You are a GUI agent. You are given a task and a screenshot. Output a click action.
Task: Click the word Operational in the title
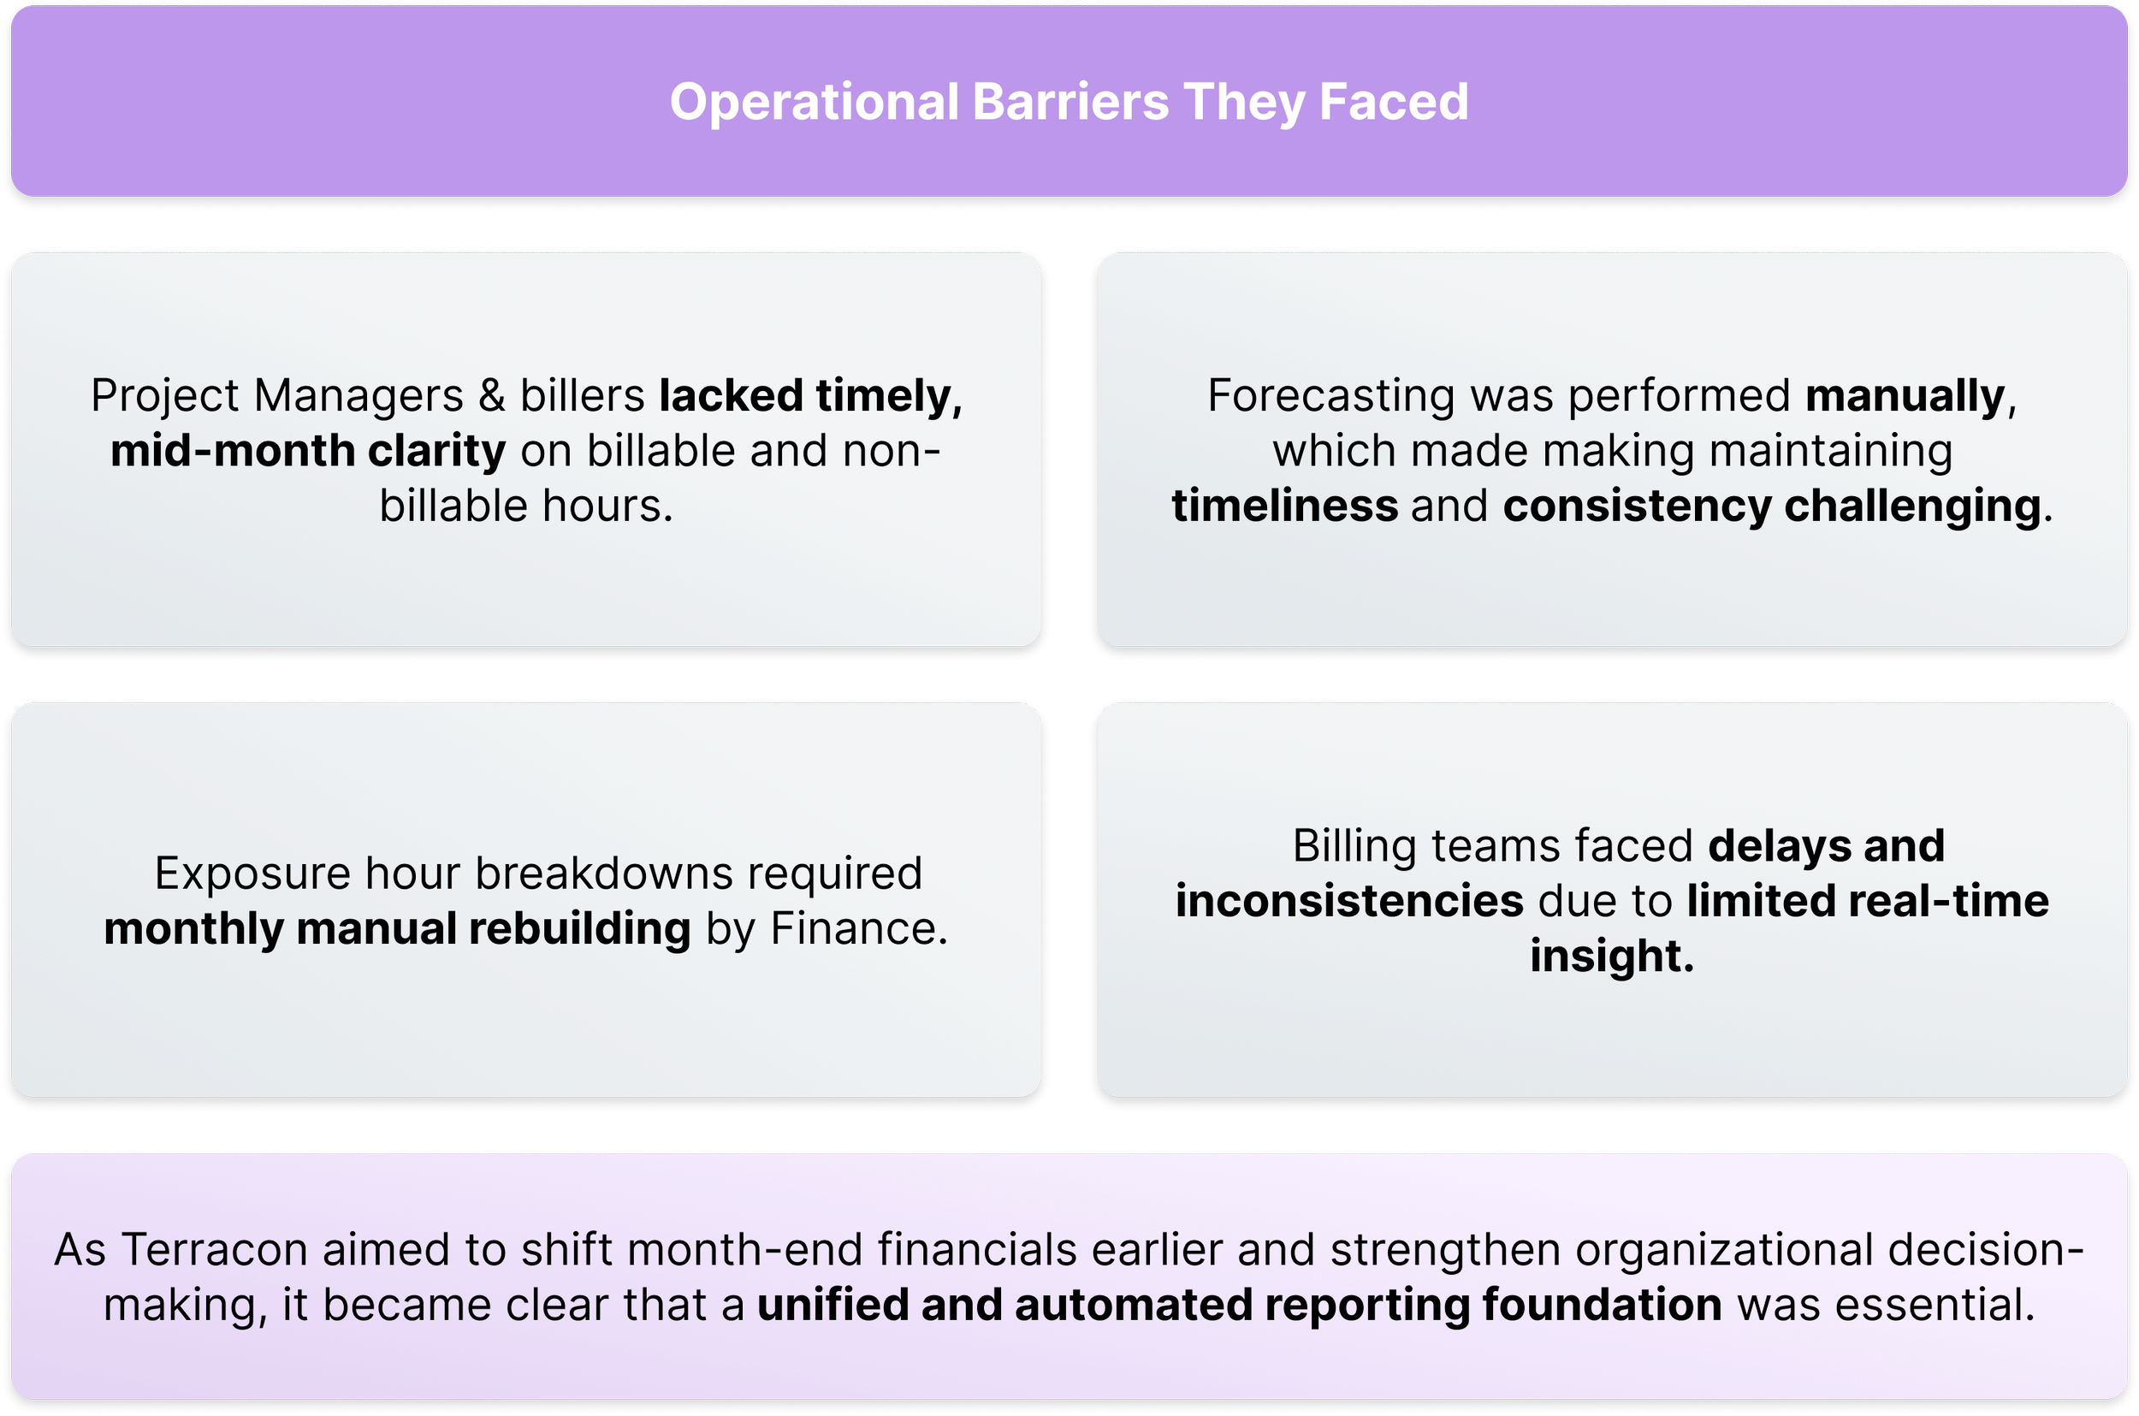814,101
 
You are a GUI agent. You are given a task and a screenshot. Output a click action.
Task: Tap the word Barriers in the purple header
1070,101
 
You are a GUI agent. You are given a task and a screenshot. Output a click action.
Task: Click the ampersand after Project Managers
491,396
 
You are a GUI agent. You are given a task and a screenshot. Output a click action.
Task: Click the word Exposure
252,874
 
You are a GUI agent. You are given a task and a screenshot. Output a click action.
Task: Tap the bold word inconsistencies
1349,902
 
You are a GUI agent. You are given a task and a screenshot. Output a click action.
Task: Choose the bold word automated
1132,1306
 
